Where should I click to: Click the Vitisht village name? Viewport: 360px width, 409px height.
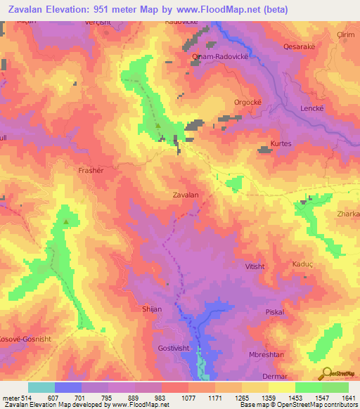[x=255, y=267]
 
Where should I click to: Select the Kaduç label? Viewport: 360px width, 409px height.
[x=303, y=264]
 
